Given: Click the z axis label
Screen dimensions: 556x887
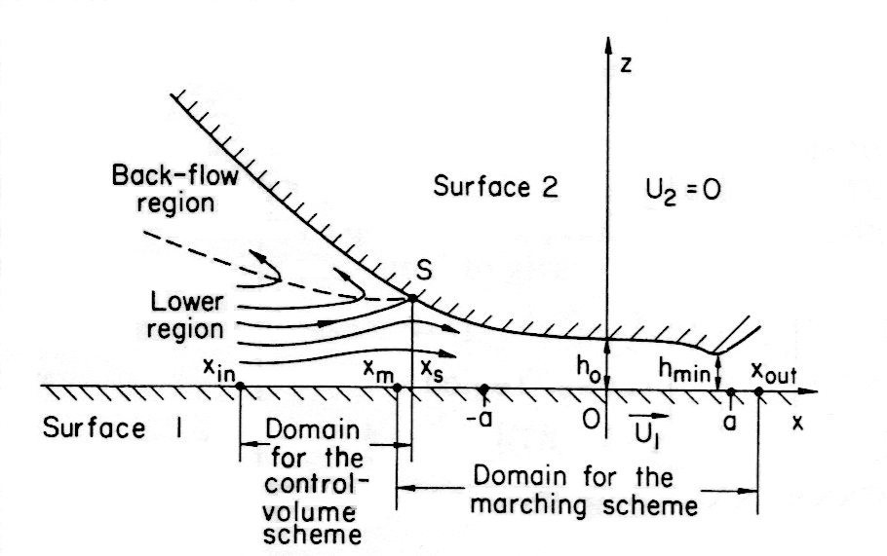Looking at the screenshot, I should (624, 65).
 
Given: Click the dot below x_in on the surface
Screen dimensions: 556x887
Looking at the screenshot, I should (240, 388).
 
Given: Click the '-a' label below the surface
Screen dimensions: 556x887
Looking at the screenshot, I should (478, 418).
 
